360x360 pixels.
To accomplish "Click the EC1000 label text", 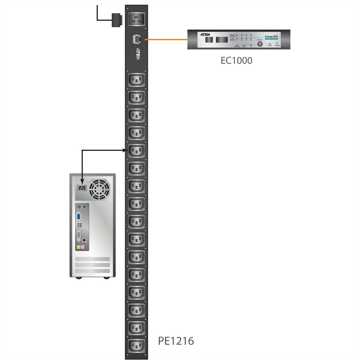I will (x=236, y=60).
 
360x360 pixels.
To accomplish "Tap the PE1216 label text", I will (x=176, y=341).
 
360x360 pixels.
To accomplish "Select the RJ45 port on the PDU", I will (x=136, y=39).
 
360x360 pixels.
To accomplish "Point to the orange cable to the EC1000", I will (x=166, y=39).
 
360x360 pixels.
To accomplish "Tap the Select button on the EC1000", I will (x=260, y=43).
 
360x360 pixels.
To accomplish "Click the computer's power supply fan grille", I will (x=99, y=189).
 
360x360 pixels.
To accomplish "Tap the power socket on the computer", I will (x=82, y=188).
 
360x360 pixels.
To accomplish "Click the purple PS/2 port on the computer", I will (x=79, y=207).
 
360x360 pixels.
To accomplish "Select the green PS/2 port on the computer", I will (x=84, y=207).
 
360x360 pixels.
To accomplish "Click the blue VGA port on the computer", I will (x=79, y=217).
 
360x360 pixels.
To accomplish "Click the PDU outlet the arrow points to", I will (x=136, y=151).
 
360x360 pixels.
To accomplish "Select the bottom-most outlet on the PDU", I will (x=136, y=345).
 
